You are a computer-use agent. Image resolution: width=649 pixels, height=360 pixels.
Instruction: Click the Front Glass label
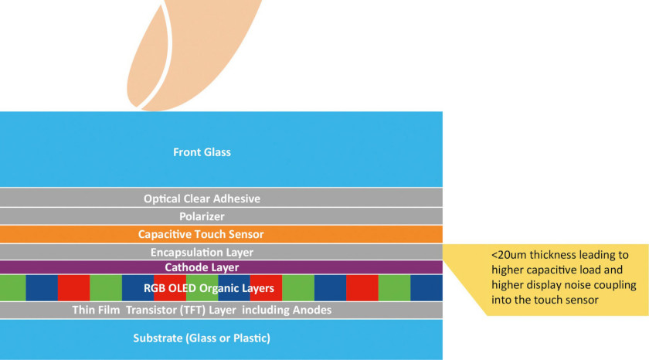tap(202, 152)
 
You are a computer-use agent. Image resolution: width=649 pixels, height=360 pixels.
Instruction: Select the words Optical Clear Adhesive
tap(202, 199)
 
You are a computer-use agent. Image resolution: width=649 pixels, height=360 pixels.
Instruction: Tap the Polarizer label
tap(202, 216)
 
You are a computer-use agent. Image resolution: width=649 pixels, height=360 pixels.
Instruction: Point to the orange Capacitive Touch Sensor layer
tap(221, 234)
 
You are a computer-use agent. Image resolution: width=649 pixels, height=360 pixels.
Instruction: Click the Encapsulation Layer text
tap(202, 252)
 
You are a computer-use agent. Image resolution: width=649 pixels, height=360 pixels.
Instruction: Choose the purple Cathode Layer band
tap(221, 267)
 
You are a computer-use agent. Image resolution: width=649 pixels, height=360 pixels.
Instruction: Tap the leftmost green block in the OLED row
tap(13, 288)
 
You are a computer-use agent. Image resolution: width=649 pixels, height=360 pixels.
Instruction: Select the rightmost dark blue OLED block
tap(426, 288)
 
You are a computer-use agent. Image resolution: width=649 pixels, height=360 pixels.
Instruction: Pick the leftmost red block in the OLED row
tap(73, 288)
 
